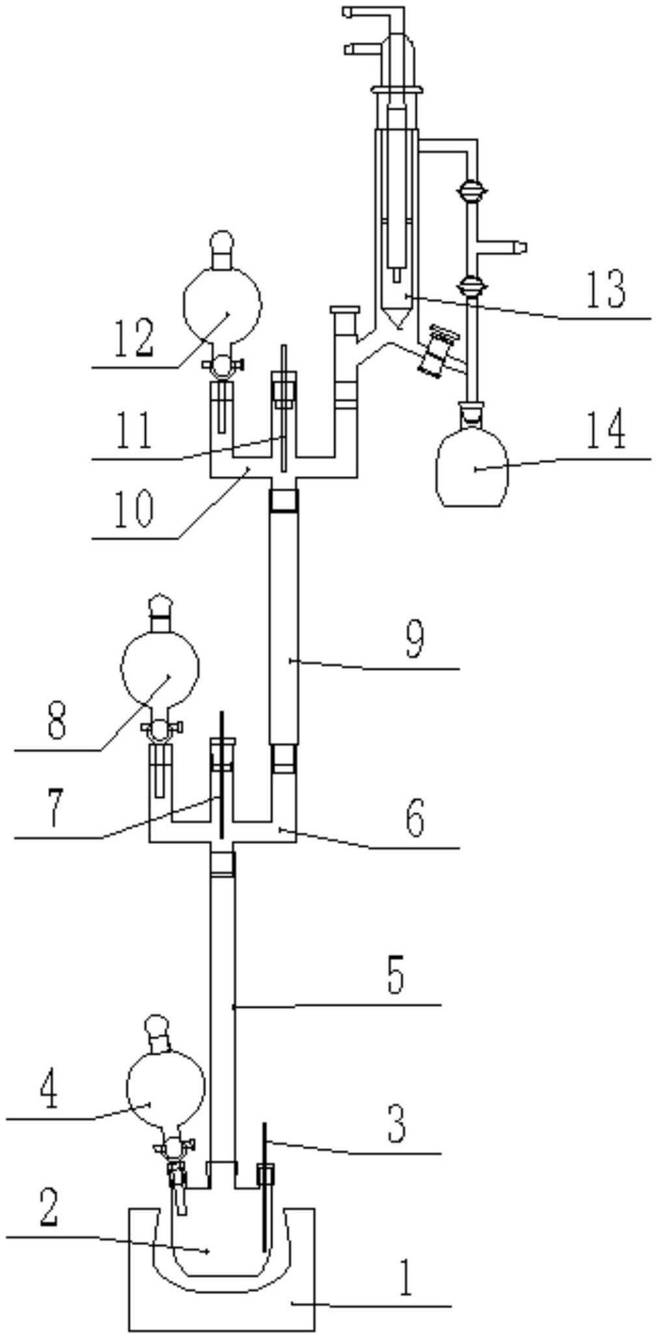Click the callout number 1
tap(405, 1277)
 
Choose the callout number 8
tap(57, 720)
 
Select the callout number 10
tap(134, 508)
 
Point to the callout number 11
tap(134, 430)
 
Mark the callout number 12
tap(134, 338)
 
